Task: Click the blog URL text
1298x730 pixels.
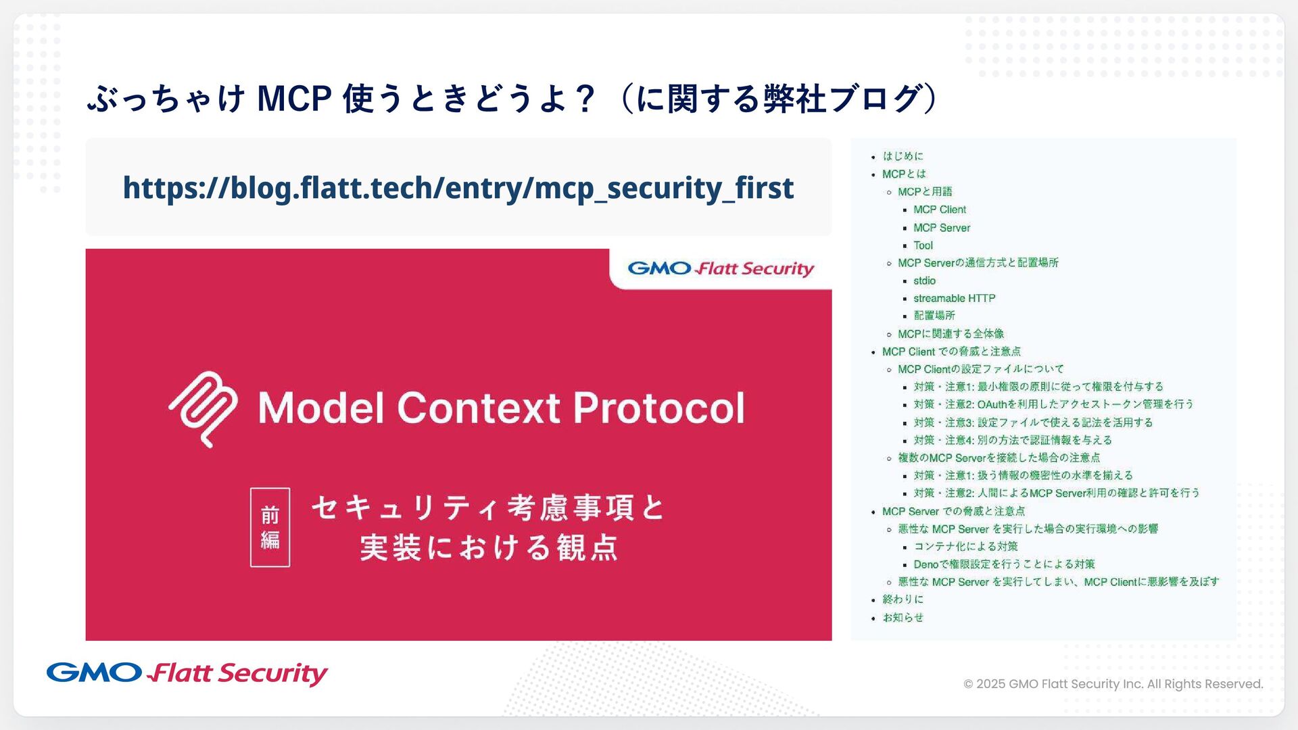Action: (x=458, y=188)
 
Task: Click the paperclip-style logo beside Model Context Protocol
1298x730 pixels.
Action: (x=203, y=409)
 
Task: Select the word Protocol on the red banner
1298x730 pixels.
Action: (x=659, y=408)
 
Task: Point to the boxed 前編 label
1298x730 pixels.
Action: (x=270, y=527)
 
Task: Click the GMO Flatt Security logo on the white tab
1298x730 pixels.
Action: (x=721, y=268)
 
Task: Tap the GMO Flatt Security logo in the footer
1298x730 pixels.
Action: (x=187, y=673)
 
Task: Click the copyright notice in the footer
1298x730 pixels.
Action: (x=1113, y=684)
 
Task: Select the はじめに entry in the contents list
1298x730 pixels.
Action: (x=903, y=156)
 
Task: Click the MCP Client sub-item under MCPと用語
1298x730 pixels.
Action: (x=940, y=210)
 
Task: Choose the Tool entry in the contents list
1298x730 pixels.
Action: (x=923, y=245)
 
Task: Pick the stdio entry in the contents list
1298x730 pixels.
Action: (x=924, y=281)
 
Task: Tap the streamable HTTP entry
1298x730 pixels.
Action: (x=954, y=298)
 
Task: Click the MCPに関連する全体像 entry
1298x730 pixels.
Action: (x=951, y=334)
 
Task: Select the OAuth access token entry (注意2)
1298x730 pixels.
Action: (x=1053, y=404)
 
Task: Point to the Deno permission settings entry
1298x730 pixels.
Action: (x=1004, y=564)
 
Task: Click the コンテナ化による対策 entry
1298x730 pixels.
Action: (x=965, y=546)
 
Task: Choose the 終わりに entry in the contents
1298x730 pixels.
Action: (x=903, y=600)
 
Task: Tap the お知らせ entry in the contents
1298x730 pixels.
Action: (x=903, y=618)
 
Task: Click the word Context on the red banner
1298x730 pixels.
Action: (x=479, y=408)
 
